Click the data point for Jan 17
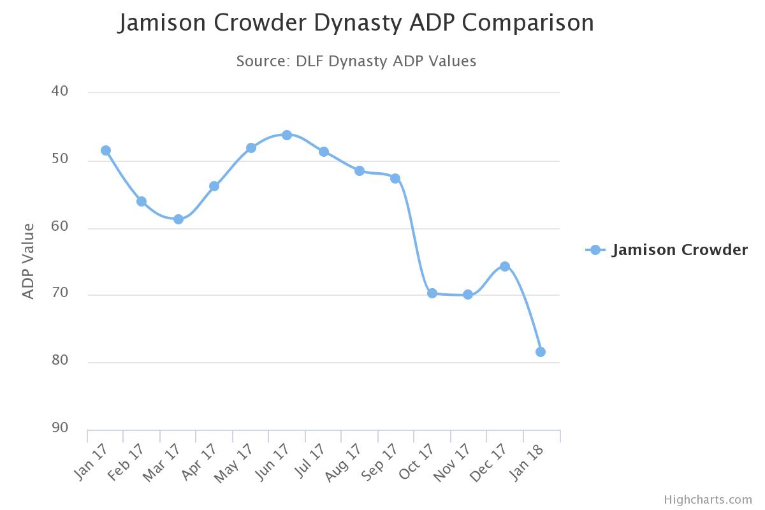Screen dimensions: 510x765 point(106,150)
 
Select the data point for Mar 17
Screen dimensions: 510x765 point(178,219)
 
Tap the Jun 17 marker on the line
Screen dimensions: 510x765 point(287,135)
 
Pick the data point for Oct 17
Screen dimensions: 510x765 point(432,293)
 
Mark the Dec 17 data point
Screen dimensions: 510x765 point(505,266)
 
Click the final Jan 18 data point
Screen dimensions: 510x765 point(541,352)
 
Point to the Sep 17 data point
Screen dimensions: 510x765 point(395,178)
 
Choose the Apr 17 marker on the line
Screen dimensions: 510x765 point(214,186)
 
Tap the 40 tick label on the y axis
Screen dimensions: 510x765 point(60,91)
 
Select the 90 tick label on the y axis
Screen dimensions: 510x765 point(60,428)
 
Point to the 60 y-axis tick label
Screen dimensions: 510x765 point(60,226)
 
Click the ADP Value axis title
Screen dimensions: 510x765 point(28,261)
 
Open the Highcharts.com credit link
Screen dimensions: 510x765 point(708,500)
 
